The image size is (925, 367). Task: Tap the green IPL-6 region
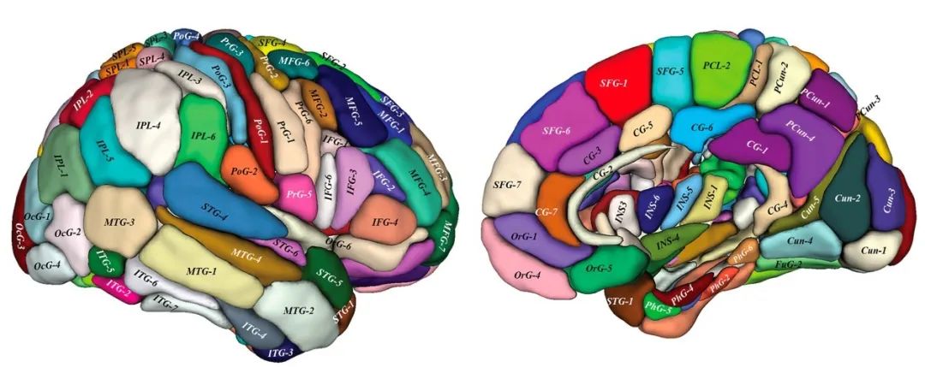pos(203,135)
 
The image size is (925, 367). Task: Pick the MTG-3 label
pos(120,222)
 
